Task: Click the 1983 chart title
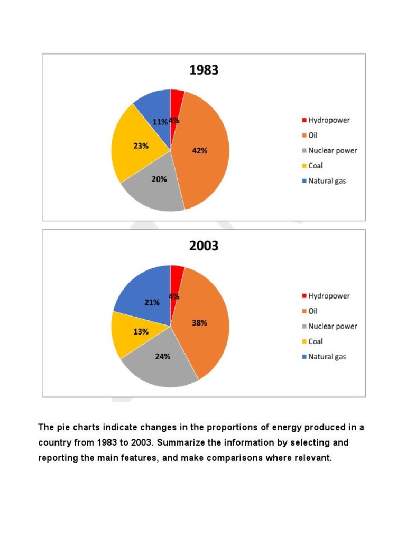(204, 70)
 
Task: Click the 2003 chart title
(204, 246)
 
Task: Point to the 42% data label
(199, 151)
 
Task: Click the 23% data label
(141, 146)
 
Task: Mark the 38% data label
(199, 323)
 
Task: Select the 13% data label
(141, 332)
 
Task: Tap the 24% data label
(163, 357)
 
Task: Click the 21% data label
(152, 303)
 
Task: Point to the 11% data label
(160, 121)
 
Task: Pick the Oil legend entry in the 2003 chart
(313, 311)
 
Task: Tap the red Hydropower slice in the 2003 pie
(176, 275)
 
